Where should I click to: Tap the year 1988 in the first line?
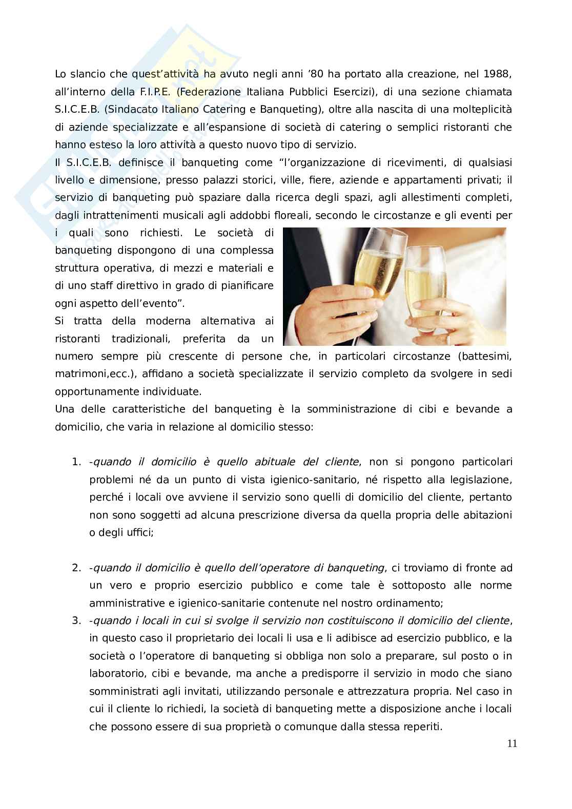[x=499, y=74]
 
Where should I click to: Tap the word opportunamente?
[x=98, y=391]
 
